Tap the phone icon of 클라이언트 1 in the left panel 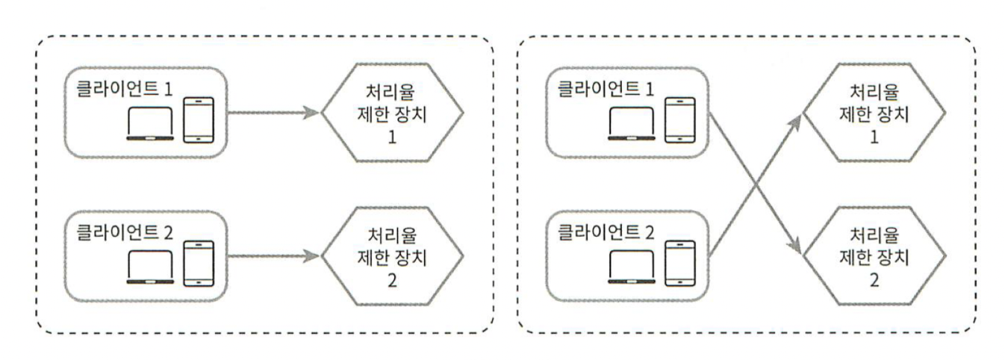click(197, 119)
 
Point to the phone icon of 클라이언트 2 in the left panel click(197, 262)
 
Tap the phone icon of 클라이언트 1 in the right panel click(678, 119)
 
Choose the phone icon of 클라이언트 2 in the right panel click(678, 262)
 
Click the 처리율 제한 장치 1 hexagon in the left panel click(393, 114)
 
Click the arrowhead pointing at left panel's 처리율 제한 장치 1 click(314, 114)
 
